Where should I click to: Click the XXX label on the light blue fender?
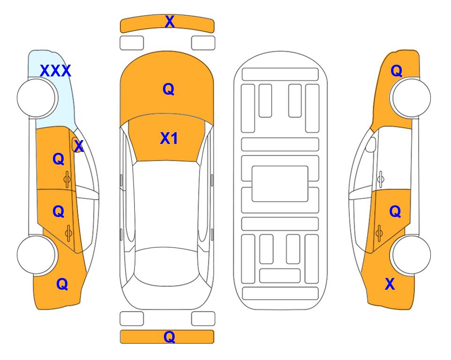[55, 71]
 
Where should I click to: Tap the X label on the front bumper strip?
[170, 21]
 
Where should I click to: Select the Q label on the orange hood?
[169, 89]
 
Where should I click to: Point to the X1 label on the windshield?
[169, 138]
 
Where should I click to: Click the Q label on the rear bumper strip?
[170, 337]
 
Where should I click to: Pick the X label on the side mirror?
[79, 146]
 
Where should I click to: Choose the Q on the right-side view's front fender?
[396, 71]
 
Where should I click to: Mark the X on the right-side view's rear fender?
[390, 284]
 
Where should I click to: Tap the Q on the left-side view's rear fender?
[62, 284]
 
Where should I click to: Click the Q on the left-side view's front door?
[59, 159]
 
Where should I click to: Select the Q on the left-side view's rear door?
[59, 212]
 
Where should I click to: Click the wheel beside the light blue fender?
[37, 98]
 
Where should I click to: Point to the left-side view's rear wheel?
[37, 255]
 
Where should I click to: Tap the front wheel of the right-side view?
[411, 98]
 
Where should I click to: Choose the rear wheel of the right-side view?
[411, 255]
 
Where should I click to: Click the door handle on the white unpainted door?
[380, 179]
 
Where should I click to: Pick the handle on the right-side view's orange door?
[379, 232]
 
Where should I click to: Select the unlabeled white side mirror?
[371, 144]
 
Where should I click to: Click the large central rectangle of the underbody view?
[280, 184]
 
